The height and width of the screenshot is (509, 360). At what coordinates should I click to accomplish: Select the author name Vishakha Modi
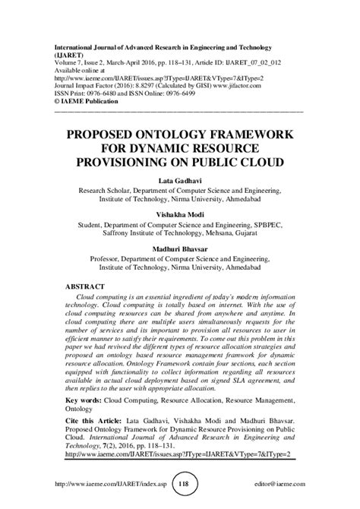(x=179, y=216)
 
